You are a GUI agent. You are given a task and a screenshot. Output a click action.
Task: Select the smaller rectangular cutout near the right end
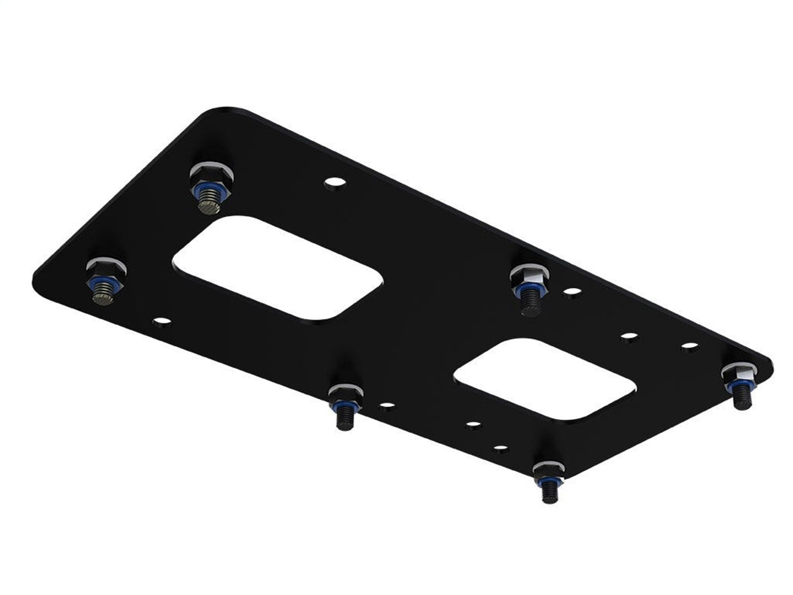545,379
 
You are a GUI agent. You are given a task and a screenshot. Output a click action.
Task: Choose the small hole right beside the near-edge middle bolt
388,406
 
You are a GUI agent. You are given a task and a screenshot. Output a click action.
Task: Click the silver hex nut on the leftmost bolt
106,266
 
